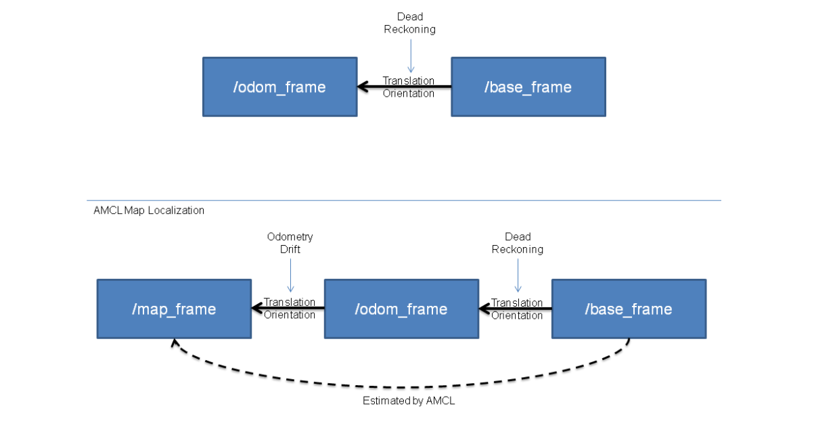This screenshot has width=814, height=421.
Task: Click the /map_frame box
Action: point(174,309)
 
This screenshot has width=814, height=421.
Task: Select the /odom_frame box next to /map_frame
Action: point(401,309)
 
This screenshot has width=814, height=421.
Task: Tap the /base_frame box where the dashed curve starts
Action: point(629,309)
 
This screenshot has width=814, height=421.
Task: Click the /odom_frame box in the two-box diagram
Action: point(279,87)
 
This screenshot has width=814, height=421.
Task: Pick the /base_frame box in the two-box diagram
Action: point(528,87)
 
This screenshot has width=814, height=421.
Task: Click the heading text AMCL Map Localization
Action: point(149,210)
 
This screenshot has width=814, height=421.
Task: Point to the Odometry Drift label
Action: point(290,242)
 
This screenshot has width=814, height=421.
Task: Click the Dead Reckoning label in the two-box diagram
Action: point(409,23)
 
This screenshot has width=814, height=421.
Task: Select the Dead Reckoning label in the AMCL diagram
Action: point(518,242)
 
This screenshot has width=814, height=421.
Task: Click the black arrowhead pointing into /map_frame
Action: point(256,309)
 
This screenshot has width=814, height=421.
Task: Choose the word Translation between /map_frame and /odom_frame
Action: point(290,302)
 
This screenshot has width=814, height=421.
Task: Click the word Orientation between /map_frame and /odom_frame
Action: point(290,315)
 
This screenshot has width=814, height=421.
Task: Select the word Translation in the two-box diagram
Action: point(409,81)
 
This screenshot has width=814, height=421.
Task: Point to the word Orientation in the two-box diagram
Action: point(409,93)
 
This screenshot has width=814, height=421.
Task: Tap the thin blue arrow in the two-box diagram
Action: point(409,54)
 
